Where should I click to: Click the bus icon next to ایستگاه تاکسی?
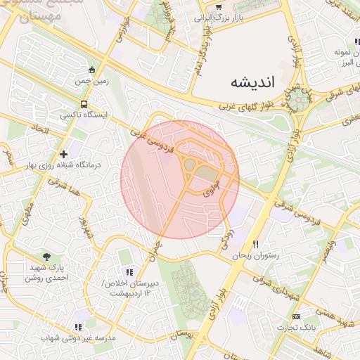point(84,104)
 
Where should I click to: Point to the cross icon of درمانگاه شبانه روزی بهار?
point(64,153)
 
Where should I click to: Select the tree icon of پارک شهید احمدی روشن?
point(47,257)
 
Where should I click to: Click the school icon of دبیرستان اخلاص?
point(128,271)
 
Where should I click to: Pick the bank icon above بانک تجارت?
point(296,316)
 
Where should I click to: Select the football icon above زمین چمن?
point(92,70)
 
